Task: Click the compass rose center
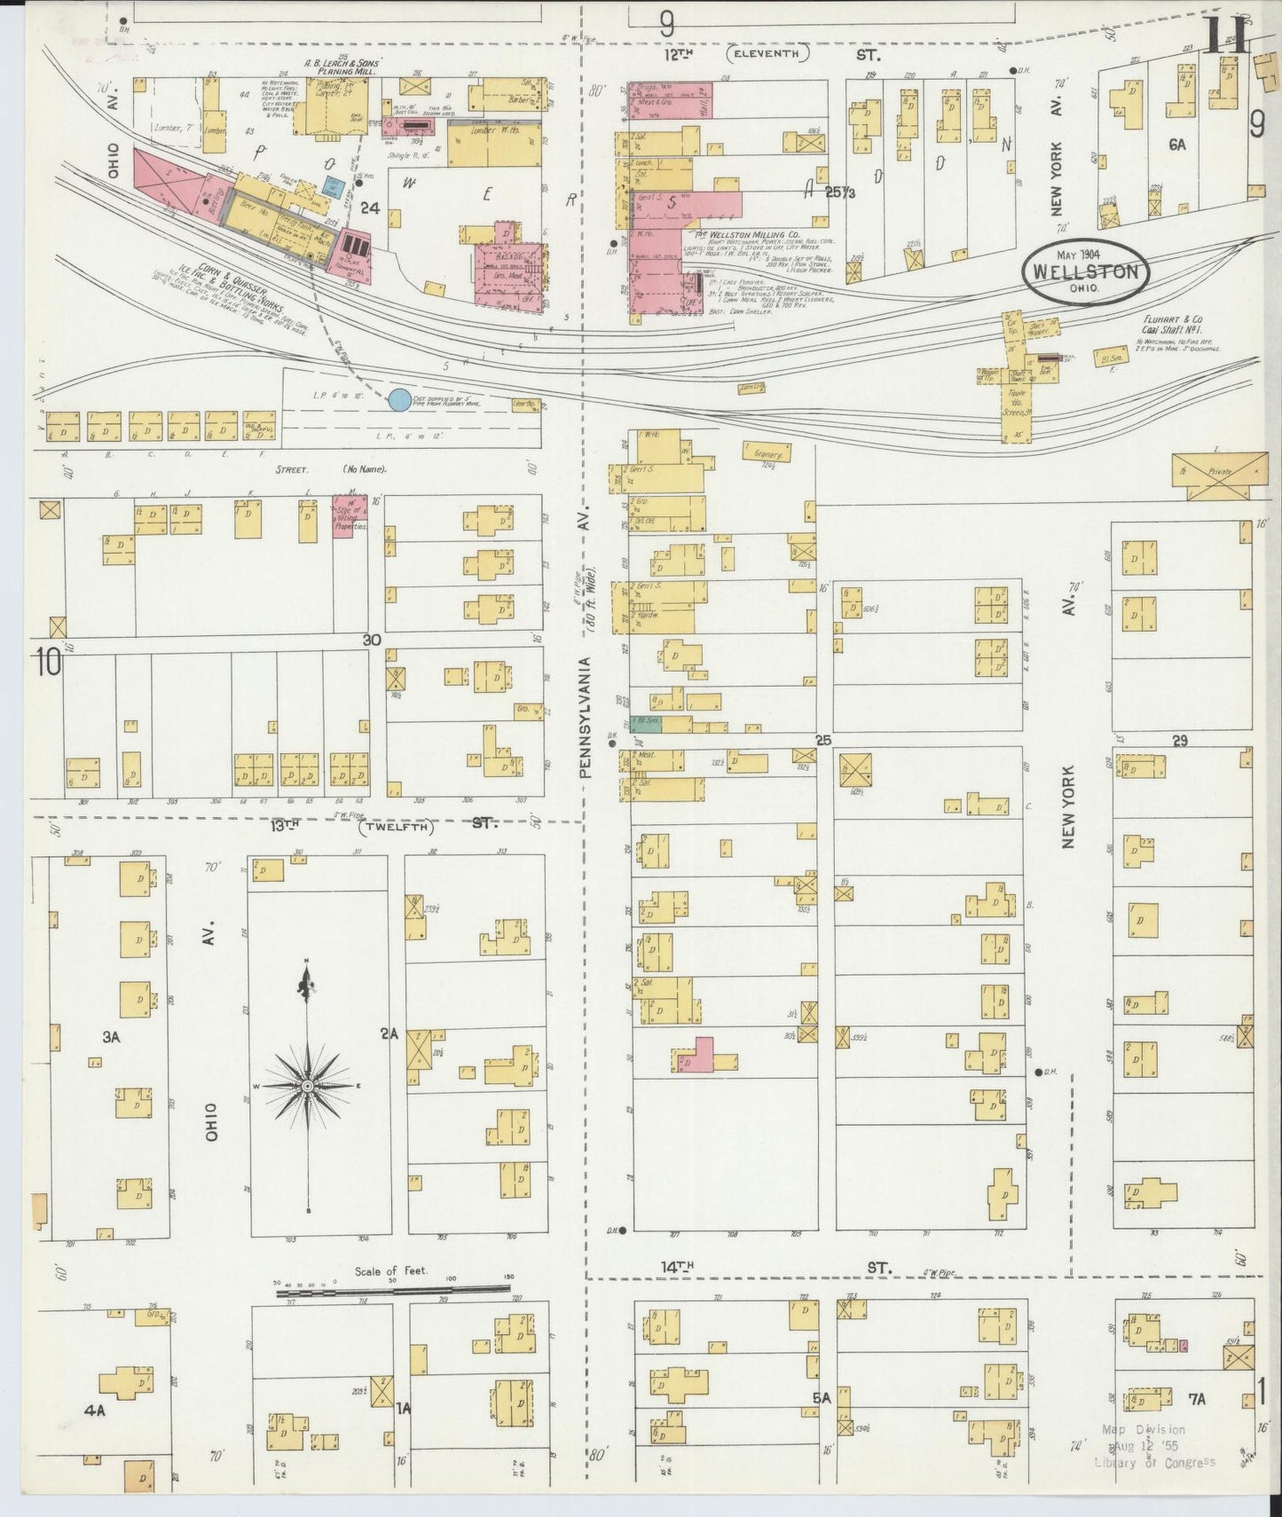(x=307, y=1086)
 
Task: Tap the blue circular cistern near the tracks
(x=399, y=400)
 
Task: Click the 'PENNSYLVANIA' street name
(x=585, y=718)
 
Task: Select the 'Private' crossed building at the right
(x=1220, y=472)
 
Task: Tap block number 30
(x=371, y=639)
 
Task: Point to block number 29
(x=1179, y=741)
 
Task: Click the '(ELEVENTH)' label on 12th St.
(x=767, y=54)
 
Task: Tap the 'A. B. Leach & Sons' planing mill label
(x=341, y=65)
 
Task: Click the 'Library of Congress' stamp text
(x=1153, y=1463)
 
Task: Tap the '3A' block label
(x=110, y=1035)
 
